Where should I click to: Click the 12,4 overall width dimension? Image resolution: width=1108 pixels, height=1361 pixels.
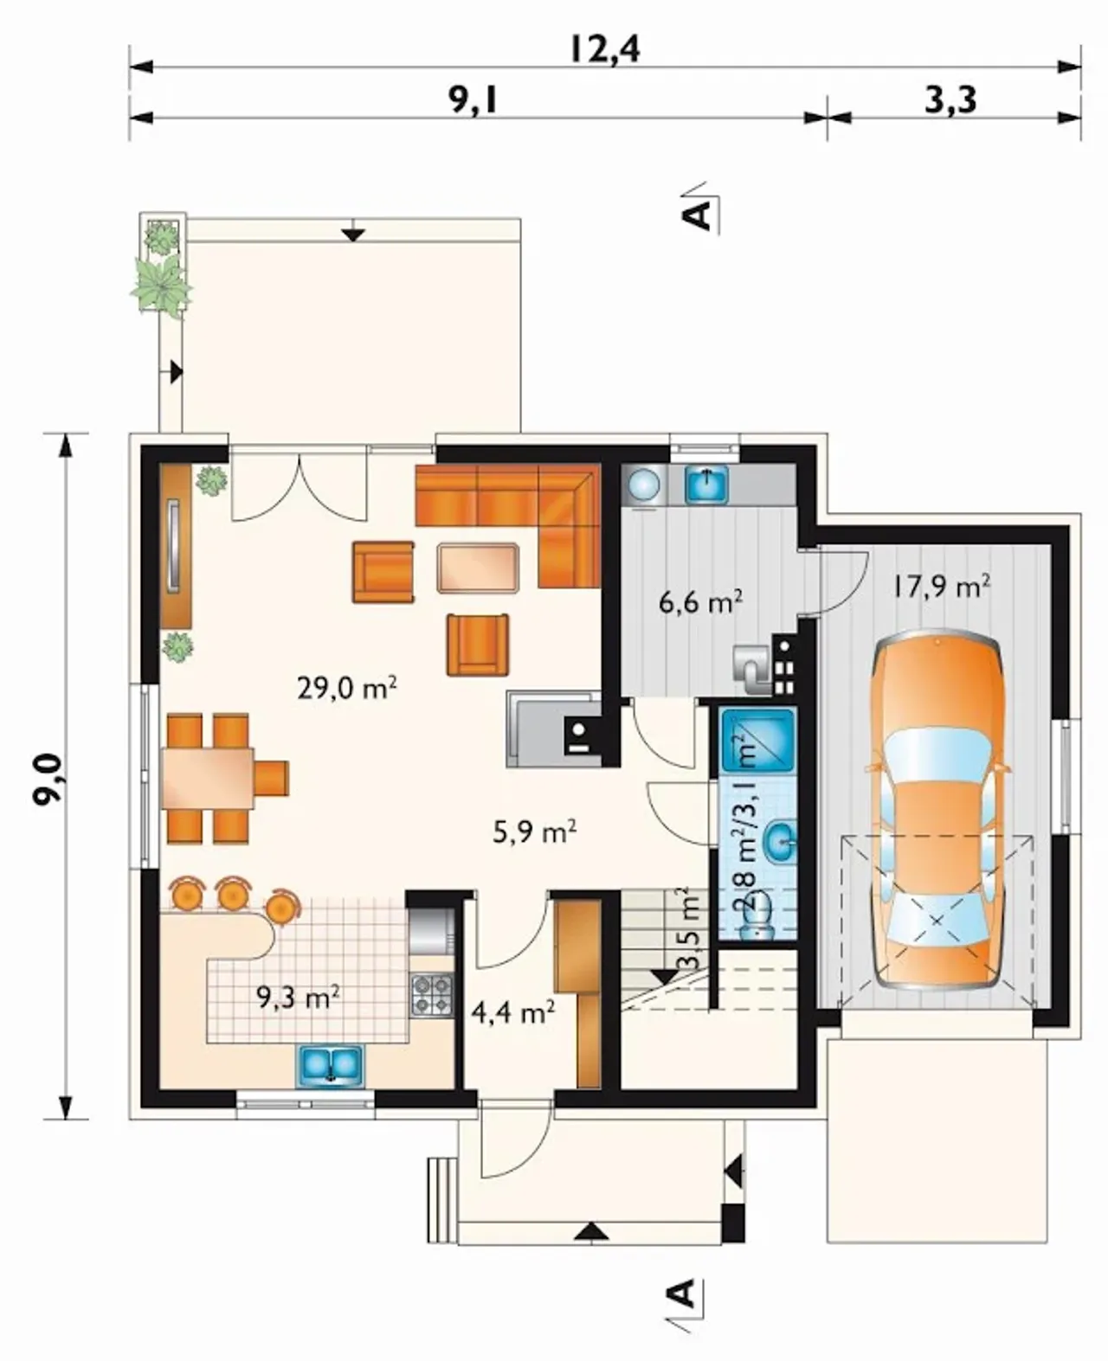(604, 50)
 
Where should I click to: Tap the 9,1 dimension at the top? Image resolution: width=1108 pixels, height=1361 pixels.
(473, 100)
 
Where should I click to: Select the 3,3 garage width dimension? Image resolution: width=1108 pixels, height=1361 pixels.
(951, 100)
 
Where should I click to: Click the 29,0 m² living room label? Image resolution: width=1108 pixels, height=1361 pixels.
(347, 688)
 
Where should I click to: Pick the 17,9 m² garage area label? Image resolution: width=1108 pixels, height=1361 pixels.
(941, 587)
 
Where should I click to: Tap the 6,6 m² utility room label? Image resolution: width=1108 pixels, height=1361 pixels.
(700, 602)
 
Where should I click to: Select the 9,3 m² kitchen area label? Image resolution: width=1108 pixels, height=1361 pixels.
(297, 998)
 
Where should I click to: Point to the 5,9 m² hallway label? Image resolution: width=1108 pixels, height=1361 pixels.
(535, 832)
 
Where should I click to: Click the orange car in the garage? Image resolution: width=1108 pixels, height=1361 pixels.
(936, 810)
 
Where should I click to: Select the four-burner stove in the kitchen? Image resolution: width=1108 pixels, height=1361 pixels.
(432, 996)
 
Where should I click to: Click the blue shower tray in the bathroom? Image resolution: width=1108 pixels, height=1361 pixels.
(758, 741)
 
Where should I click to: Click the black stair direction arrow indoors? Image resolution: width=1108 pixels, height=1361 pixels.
(663, 977)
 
